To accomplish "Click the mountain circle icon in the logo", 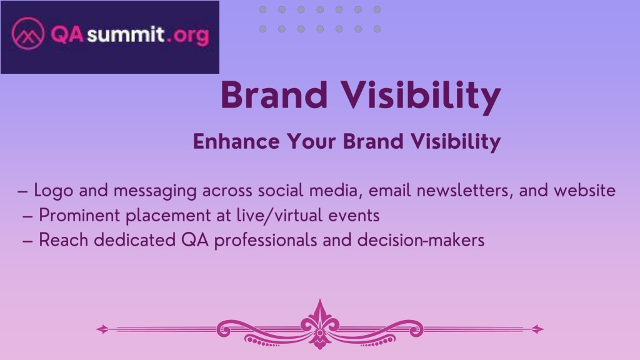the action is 27,34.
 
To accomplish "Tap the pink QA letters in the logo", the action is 67,34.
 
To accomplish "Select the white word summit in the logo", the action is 125,34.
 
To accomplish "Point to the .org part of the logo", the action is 188,36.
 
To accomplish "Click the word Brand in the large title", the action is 274,95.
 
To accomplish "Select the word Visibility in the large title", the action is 421,97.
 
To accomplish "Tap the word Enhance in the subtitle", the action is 236,142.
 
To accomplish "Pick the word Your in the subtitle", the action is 311,142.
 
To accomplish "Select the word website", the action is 584,191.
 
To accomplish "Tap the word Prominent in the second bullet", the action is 79,215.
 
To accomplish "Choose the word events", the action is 354,216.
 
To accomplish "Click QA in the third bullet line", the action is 195,240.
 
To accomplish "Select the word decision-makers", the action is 421,240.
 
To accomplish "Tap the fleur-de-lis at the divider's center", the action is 320,324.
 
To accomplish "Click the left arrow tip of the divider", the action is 97,329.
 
